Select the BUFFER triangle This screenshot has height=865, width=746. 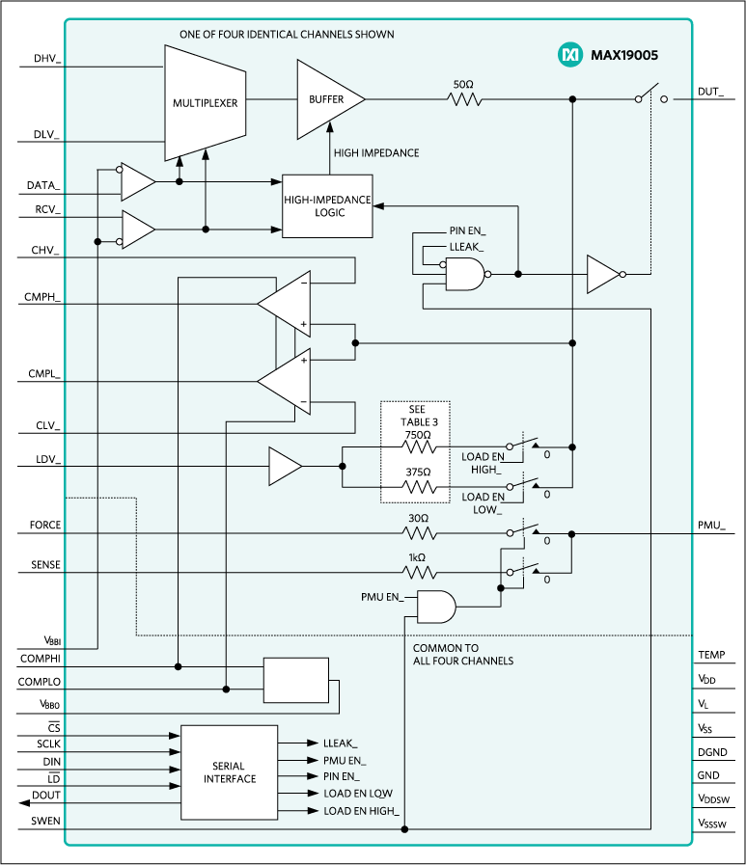325,99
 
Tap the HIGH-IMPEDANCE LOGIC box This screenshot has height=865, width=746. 327,205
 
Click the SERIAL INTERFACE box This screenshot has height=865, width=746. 229,772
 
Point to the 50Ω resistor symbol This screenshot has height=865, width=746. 463,99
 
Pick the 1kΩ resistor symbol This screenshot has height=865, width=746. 417,573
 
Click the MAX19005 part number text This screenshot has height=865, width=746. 624,56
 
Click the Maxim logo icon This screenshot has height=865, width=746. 570,56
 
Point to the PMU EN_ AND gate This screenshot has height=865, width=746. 435,607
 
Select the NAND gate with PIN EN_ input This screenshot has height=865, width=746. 464,275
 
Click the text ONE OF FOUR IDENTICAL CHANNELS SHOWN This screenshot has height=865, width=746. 287,35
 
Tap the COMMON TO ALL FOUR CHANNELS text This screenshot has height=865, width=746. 462,655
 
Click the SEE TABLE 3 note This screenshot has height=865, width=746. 416,416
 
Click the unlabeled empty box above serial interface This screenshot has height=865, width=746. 296,681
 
